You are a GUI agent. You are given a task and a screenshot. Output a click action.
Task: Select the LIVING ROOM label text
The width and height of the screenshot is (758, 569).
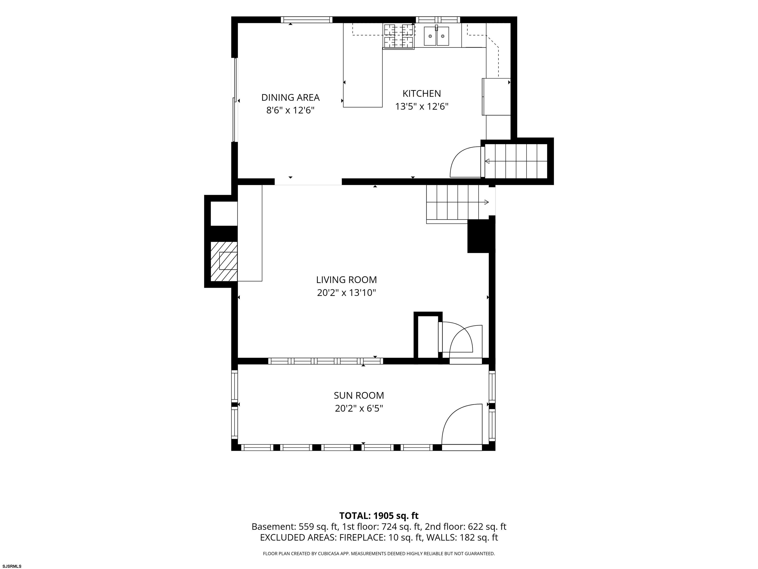pos(346,280)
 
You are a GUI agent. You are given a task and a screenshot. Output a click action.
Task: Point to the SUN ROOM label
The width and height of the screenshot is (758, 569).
pos(359,395)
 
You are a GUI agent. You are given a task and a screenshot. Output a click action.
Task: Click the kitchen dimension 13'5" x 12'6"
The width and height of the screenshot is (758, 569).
pos(422,107)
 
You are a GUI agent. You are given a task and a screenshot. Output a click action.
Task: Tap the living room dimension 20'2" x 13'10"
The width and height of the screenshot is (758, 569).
pos(346,293)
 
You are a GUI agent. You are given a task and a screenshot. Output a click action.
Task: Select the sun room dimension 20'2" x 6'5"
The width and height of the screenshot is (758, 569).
pos(359,408)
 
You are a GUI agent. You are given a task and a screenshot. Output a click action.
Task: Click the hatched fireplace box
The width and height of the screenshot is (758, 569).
pos(224,261)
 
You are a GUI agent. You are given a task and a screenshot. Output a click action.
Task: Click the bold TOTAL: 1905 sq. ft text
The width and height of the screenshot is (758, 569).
pos(379,516)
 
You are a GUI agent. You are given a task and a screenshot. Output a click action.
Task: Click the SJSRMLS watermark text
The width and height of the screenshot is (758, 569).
pos(12,566)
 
